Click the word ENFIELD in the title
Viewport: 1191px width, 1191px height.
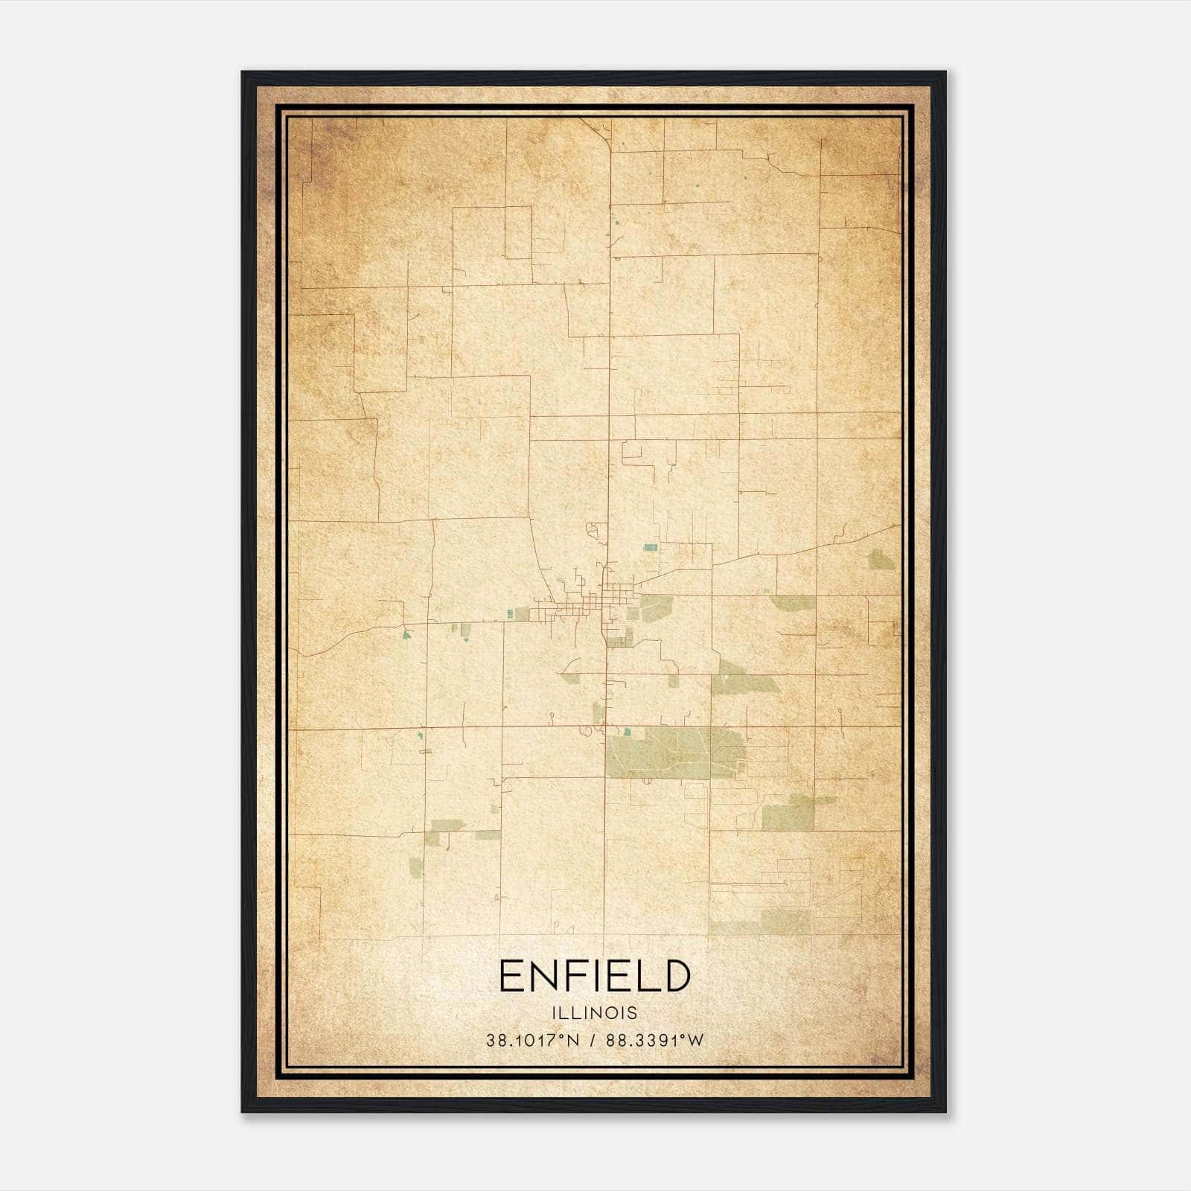595,976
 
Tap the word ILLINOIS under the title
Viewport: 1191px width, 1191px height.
595,1012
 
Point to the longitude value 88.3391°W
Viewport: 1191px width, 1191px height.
655,1041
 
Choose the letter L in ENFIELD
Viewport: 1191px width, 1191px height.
647,976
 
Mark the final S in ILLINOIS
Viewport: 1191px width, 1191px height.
633,1012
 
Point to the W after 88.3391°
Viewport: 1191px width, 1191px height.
695,1041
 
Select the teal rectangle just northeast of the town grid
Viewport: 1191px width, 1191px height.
651,547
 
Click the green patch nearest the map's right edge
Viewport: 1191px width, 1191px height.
883,560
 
